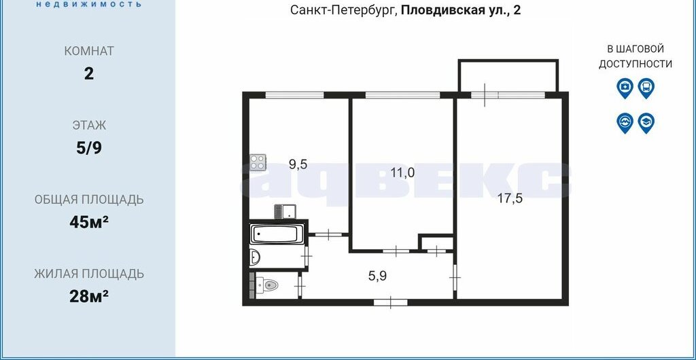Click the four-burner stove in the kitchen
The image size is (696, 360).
(258, 162)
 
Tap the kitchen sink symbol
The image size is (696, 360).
(285, 211)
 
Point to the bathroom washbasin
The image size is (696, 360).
(256, 256)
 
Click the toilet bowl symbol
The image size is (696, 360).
(267, 284)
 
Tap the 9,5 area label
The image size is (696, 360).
(298, 164)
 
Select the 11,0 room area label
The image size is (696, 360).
(402, 172)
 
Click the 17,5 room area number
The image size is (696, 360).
(510, 198)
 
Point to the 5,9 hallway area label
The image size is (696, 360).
(377, 276)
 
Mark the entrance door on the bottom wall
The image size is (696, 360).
(391, 302)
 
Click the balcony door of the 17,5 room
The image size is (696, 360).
(485, 95)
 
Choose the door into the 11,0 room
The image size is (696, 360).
(396, 251)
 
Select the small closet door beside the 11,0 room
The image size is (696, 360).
(437, 251)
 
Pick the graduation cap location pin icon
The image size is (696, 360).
(646, 123)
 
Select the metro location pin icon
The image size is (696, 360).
(625, 123)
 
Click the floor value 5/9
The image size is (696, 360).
(89, 148)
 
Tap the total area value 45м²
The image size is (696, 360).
(89, 221)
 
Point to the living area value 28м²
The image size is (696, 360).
(89, 295)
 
